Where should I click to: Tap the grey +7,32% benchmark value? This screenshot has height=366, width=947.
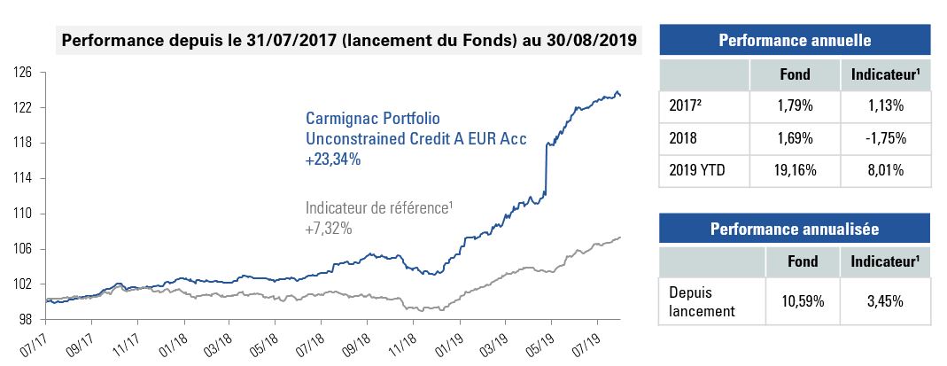pos(329,229)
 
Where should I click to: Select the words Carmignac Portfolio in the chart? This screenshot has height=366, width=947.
pos(372,118)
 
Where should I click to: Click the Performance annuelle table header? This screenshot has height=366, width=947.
pos(795,41)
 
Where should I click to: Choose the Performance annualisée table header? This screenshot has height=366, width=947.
pos(795,230)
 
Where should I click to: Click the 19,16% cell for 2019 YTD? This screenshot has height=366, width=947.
pos(795,171)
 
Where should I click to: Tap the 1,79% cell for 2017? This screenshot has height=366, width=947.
pos(795,106)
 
